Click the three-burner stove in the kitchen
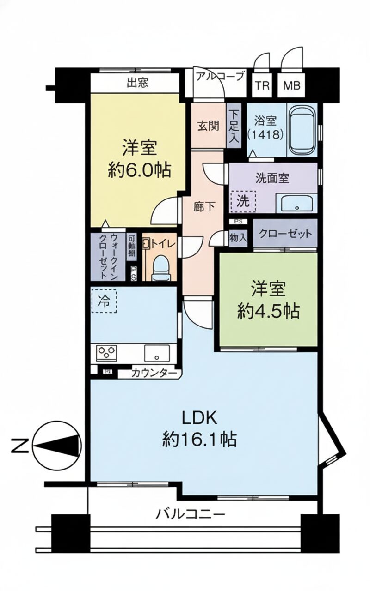coord(107,353)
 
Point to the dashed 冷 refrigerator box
coord(104,301)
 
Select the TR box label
coord(262,86)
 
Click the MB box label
coord(291,86)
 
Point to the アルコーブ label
coord(219,76)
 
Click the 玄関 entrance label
coord(209,126)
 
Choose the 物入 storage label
coord(238,238)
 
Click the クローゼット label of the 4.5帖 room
coord(285,234)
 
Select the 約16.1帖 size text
coord(199,439)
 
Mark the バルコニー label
coord(191,513)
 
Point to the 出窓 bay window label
coord(137,83)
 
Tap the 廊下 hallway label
coord(204,207)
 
